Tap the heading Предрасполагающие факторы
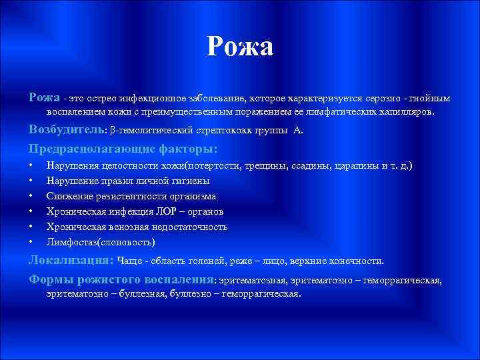pos(123,148)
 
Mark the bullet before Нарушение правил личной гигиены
pos(31,181)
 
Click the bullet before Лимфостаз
pos(31,241)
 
